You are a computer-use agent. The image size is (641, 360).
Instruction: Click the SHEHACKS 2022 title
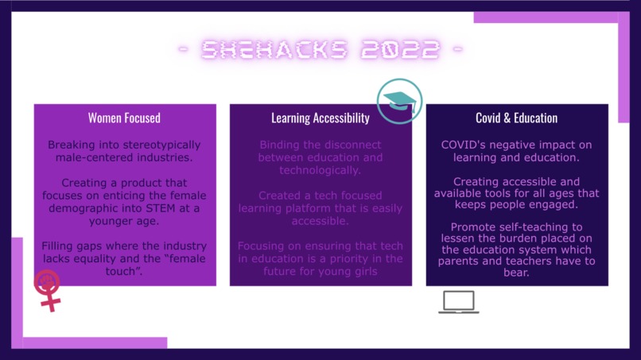coord(320,51)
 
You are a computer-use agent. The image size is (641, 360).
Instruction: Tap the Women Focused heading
coord(124,118)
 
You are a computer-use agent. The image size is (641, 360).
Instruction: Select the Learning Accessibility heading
coord(320,118)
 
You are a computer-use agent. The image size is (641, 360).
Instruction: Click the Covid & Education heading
coord(517,118)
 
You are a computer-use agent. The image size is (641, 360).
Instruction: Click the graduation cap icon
coord(399,101)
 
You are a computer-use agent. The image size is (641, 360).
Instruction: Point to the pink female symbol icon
coord(49,290)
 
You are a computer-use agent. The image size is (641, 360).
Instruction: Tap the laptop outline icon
coord(459,302)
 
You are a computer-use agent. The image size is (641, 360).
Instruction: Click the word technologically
coord(320,170)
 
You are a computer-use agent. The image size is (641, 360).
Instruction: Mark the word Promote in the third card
coord(463,226)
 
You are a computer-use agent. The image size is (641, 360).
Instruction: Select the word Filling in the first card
coord(64,246)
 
